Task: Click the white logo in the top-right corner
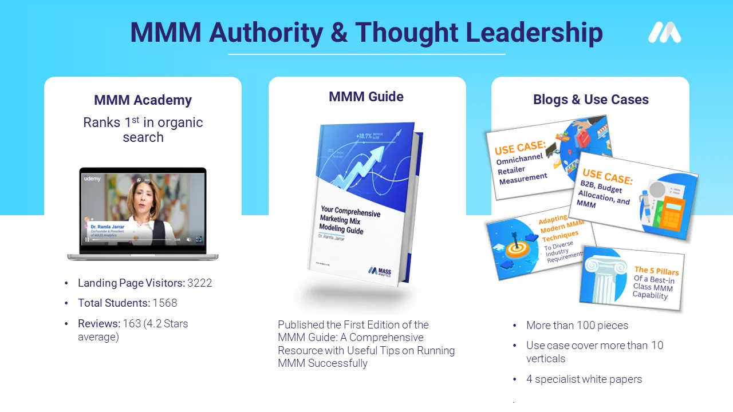665,33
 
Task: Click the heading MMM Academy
143,100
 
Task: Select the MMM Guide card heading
366,97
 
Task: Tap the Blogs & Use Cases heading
590,100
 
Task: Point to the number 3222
200,283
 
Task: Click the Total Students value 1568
165,303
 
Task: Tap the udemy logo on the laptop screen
93,179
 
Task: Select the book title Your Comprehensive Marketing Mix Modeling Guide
349,220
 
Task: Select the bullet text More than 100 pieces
577,325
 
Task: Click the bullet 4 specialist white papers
584,379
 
